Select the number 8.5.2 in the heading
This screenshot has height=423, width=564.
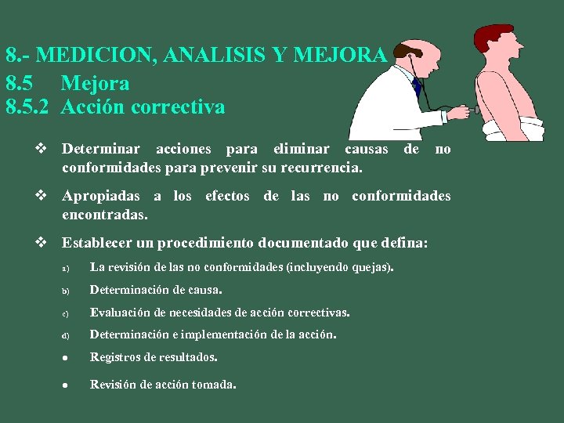pyautogui.click(x=27, y=107)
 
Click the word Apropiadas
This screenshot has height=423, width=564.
pyautogui.click(x=101, y=196)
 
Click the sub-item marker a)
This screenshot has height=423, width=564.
pyautogui.click(x=66, y=269)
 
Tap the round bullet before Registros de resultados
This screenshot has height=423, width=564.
pyautogui.click(x=66, y=358)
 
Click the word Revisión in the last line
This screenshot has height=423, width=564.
pyautogui.click(x=114, y=384)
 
